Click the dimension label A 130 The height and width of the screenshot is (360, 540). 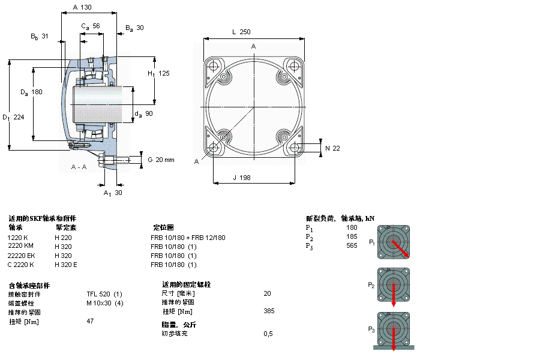click(x=82, y=7)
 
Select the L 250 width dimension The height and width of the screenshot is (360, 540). click(x=241, y=32)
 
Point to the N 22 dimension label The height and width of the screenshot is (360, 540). click(x=332, y=148)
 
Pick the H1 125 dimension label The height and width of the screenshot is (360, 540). click(x=159, y=73)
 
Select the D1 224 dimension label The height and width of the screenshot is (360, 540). click(x=13, y=117)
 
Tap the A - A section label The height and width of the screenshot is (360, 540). click(x=79, y=166)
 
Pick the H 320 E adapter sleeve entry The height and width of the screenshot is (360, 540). click(x=66, y=265)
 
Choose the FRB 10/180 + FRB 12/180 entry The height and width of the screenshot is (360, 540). click(x=188, y=238)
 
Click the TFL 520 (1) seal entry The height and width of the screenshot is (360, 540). click(x=104, y=294)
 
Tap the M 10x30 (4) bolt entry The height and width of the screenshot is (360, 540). click(x=105, y=303)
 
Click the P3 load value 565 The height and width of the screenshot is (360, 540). click(x=351, y=245)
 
